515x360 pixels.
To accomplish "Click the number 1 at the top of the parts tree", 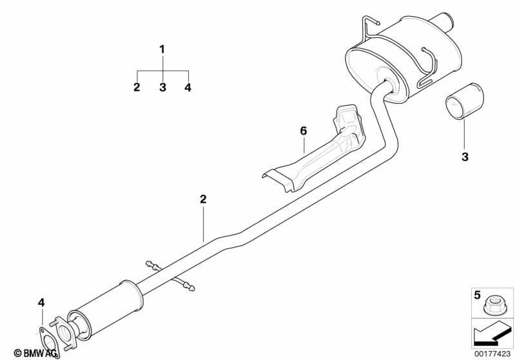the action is pos(162,50).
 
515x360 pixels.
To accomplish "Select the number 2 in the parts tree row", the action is pos(137,88).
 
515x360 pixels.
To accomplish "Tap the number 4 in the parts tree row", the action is pos(188,88).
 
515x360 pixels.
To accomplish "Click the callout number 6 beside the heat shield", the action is pos(303,131).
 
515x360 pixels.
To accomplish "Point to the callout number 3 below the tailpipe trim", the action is pos(465,157).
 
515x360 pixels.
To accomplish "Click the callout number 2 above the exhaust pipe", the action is pos(203,199).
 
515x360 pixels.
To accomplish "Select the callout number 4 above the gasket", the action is pos(41,303).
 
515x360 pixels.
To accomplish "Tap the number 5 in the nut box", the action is pos(477,295).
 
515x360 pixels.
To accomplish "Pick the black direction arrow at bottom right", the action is pos(491,336).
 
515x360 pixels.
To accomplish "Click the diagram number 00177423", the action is pos(492,354).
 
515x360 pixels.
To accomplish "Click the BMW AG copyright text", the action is pos(35,353).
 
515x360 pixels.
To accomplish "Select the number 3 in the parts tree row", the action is pos(162,88).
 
